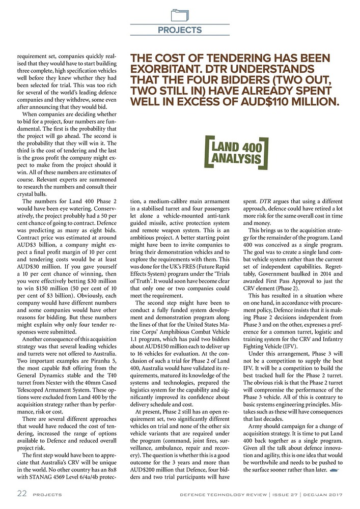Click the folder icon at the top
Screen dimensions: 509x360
(180, 13)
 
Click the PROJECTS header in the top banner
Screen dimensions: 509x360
(180, 30)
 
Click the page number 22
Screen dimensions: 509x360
(20, 494)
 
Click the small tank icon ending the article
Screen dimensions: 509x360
(335, 470)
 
